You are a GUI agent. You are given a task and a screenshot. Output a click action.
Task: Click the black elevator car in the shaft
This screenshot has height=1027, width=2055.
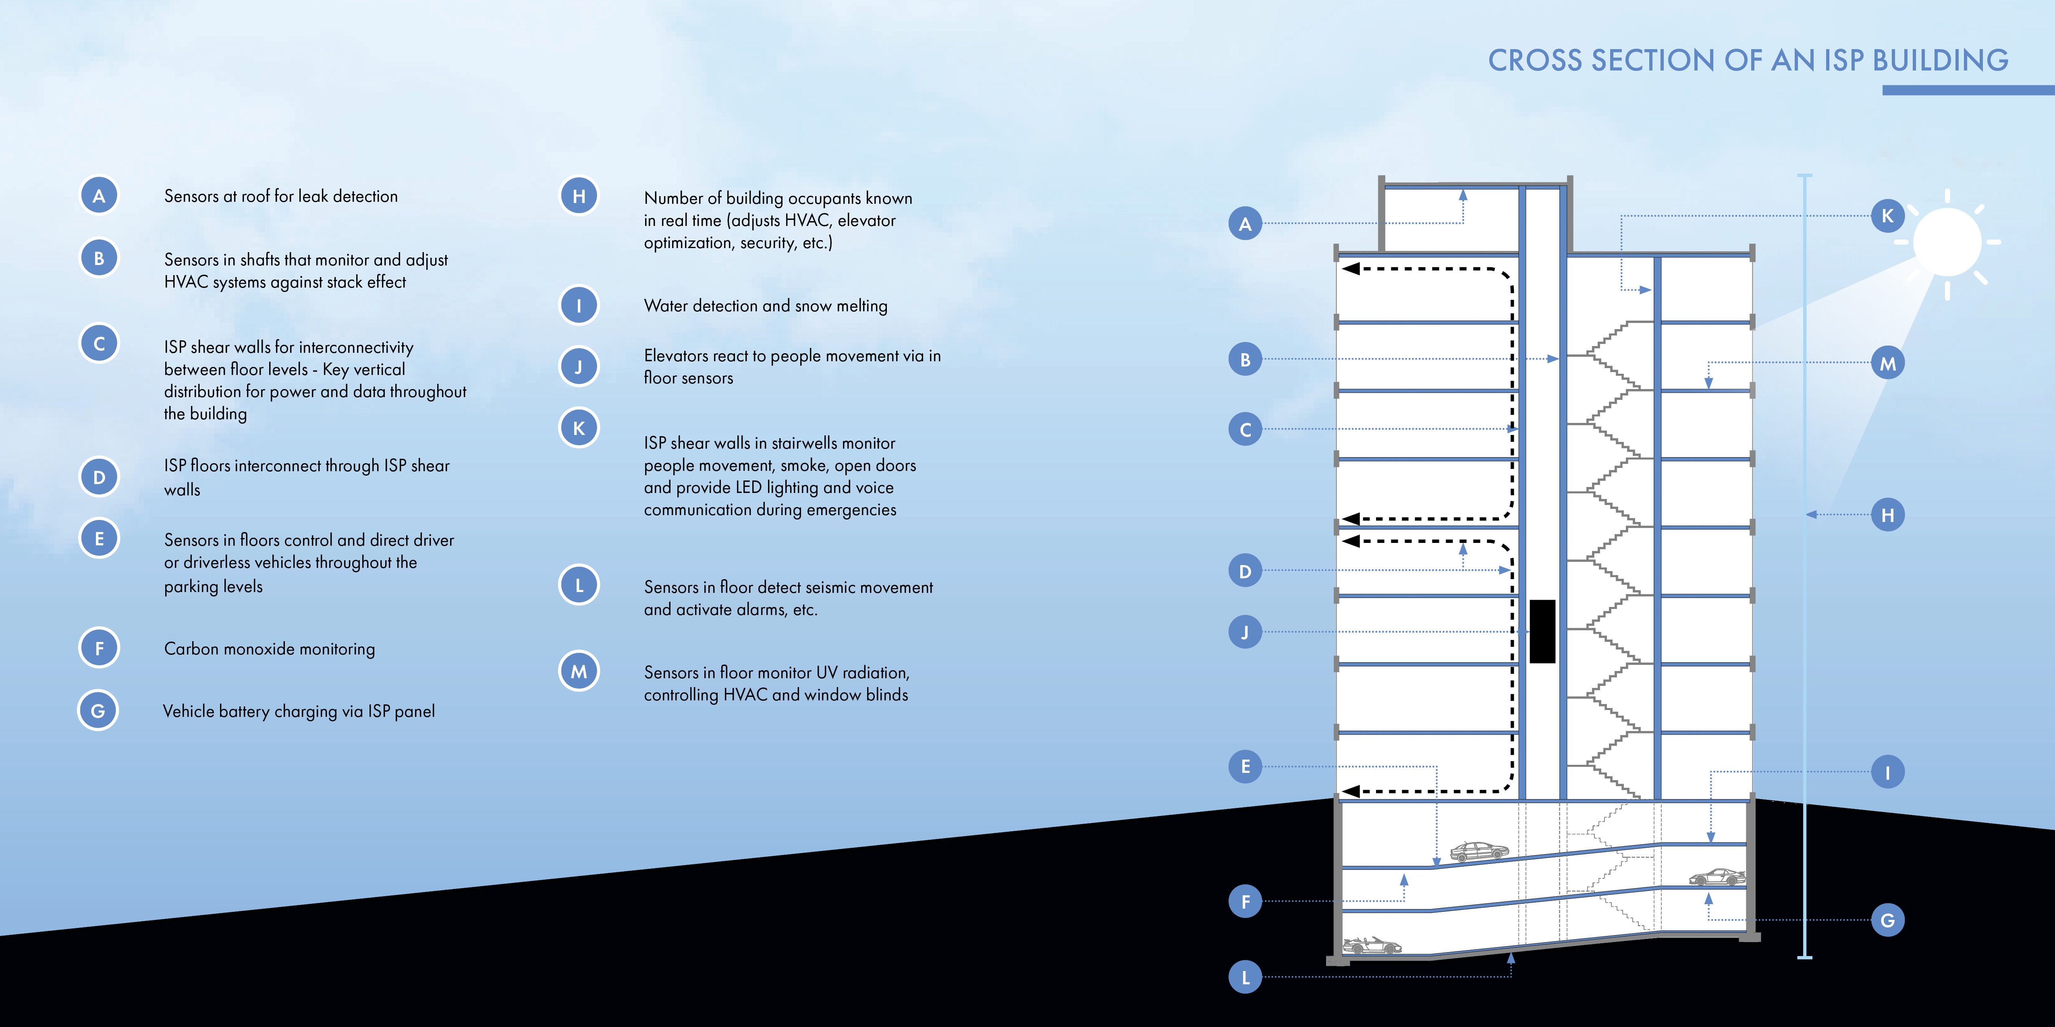1542,631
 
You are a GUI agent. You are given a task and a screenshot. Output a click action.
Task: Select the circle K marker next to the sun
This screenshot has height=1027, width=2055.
1887,215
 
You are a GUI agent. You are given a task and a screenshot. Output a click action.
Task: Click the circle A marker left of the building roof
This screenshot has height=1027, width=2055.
1245,224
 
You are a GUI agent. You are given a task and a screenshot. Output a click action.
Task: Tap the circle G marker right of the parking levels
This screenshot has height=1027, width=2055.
1887,920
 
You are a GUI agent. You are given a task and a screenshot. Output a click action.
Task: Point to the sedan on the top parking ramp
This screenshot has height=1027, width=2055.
1478,851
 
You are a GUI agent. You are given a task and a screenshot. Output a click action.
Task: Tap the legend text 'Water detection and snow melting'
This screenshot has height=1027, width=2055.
765,305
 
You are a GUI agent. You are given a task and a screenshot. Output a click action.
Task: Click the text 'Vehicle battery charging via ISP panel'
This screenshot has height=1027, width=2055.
298,711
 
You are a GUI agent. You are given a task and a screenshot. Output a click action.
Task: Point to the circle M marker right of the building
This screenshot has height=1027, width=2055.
1887,364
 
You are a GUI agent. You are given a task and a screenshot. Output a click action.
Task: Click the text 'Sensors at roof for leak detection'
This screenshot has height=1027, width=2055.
280,196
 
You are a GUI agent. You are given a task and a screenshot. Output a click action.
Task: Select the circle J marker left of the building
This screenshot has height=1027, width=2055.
1245,632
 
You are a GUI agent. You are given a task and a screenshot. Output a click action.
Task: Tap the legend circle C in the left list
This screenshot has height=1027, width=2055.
99,344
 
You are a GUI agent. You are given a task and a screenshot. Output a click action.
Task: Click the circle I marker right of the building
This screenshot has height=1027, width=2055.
1887,772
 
